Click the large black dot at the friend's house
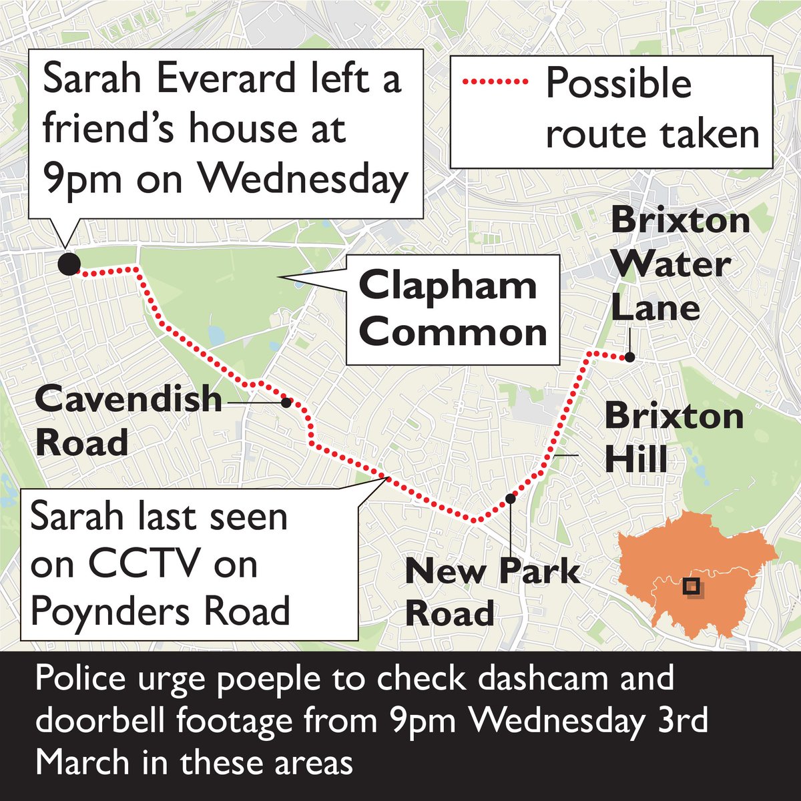click(x=67, y=264)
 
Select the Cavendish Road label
click(x=127, y=421)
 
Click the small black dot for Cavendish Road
click(x=286, y=402)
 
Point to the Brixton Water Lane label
click(x=670, y=264)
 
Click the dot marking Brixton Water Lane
click(x=629, y=357)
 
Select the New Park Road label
click(x=493, y=593)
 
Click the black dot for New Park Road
click(x=511, y=498)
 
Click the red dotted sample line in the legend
click(x=494, y=83)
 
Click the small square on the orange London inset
click(x=692, y=587)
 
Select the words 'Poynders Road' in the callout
click(x=160, y=610)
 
